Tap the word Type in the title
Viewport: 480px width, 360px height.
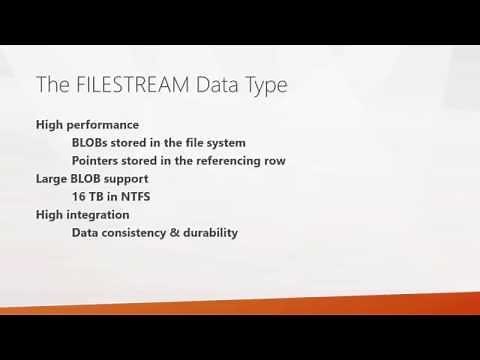point(263,85)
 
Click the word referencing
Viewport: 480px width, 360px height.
point(236,161)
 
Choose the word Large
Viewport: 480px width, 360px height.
point(52,179)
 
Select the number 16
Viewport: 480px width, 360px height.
point(79,197)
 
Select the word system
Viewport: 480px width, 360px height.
point(224,143)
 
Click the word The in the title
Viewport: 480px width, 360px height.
point(51,85)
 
